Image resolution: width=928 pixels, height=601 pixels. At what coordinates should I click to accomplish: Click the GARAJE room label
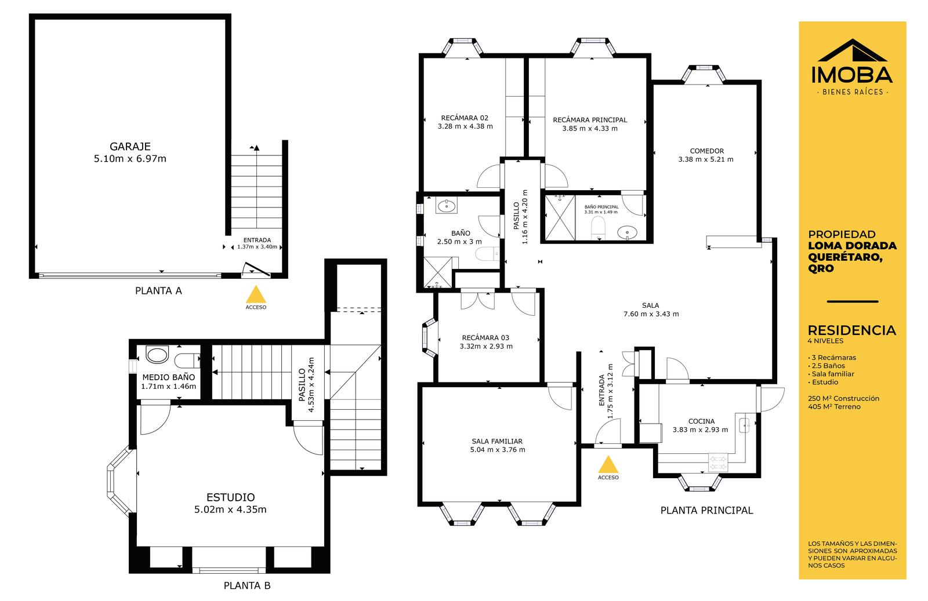pos(130,147)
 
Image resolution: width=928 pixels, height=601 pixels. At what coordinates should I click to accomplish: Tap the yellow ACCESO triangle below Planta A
pos(256,295)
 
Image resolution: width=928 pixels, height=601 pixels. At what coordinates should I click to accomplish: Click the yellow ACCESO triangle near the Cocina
pos(608,465)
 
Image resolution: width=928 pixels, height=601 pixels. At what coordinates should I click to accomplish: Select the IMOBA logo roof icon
pos(852,50)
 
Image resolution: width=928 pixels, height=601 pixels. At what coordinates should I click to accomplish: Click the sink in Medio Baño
pos(157,355)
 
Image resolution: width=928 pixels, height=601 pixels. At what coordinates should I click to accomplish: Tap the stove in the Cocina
pos(719,463)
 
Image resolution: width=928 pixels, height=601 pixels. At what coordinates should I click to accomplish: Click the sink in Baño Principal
pos(627,232)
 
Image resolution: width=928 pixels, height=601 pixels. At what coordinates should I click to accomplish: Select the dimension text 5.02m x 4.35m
pos(230,509)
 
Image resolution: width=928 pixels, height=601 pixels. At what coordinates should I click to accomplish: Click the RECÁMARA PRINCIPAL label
pos(590,120)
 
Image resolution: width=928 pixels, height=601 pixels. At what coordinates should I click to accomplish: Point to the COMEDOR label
pos(707,151)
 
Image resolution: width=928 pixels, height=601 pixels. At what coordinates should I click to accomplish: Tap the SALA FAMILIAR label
pos(497,441)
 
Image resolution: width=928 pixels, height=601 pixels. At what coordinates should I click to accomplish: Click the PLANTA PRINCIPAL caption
pos(707,511)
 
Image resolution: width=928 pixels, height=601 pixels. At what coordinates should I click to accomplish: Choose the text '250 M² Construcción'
pos(843,399)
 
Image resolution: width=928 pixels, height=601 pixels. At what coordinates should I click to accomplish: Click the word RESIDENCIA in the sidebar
pos(852,330)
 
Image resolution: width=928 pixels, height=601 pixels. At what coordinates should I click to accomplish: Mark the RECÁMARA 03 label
pos(485,338)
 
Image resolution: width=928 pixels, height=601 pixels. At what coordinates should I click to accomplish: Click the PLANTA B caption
pos(247,586)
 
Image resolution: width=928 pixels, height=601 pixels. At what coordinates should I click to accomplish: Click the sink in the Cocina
pos(745,425)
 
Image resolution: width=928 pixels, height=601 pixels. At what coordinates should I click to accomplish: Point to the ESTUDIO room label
pos(231,497)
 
